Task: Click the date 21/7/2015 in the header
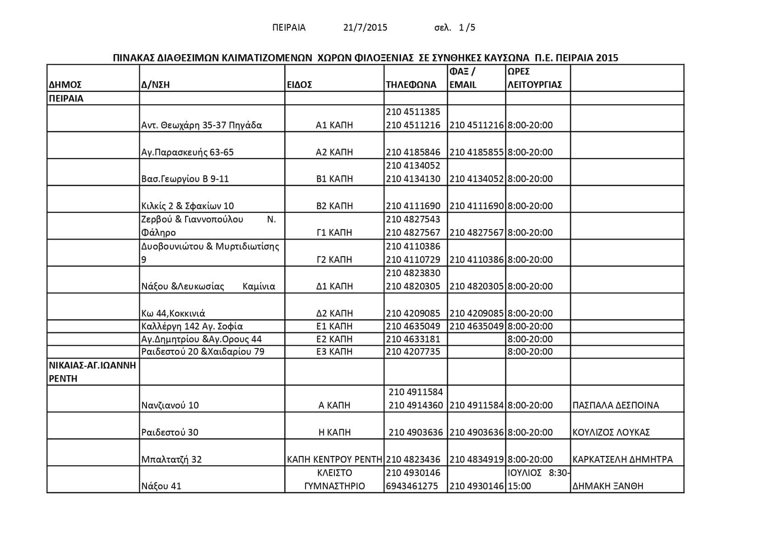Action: (x=365, y=28)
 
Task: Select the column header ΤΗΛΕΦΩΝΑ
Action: (x=411, y=85)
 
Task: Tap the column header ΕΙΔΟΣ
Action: (x=299, y=85)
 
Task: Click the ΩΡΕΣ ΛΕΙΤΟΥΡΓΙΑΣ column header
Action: (x=535, y=78)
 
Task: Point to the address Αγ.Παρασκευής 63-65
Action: (x=187, y=152)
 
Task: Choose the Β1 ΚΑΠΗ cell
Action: (x=334, y=179)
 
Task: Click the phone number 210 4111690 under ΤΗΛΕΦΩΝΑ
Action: (x=413, y=206)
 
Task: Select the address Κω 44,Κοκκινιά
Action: (x=173, y=314)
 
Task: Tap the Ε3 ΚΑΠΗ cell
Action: (x=334, y=352)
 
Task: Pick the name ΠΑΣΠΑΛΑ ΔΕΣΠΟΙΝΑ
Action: (x=615, y=405)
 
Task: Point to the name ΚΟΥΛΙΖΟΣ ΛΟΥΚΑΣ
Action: (x=611, y=433)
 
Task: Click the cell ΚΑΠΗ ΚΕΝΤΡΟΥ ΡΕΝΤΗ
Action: (x=334, y=460)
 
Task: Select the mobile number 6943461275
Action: (x=412, y=486)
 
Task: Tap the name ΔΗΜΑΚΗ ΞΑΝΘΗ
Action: (x=608, y=486)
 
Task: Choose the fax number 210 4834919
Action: (x=476, y=460)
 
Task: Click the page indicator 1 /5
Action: (x=467, y=28)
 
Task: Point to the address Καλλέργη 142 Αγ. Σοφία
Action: (x=192, y=326)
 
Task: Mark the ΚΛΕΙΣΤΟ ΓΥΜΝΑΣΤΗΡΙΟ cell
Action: (x=334, y=479)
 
